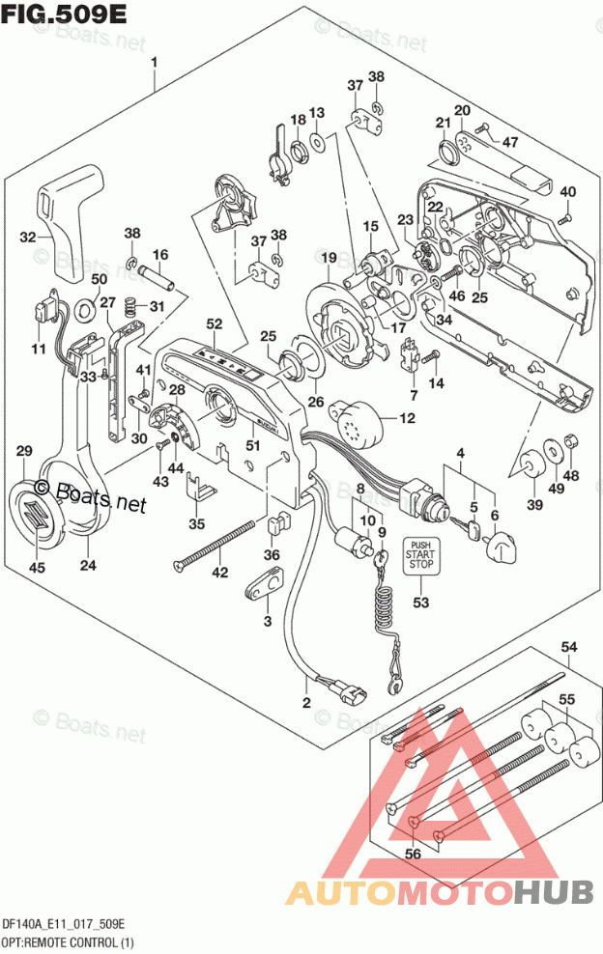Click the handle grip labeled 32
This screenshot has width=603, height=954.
71,217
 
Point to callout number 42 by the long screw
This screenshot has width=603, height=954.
220,572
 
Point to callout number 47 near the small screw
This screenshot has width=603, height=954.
510,142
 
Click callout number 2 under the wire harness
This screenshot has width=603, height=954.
306,702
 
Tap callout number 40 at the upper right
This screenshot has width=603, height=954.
567,190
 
